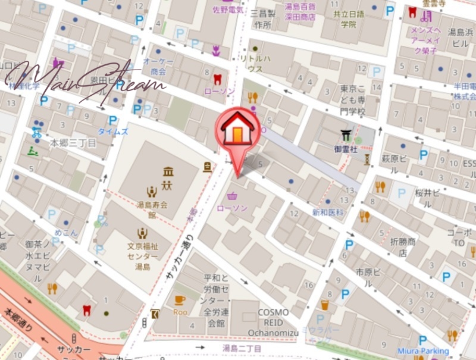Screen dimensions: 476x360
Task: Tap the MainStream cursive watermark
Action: pos(83,80)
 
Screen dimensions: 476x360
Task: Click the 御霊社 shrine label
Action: pos(345,149)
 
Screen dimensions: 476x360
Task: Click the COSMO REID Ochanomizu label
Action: pos(273,321)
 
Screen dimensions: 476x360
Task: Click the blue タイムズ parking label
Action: pos(113,132)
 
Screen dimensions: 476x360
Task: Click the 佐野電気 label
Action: pos(225,10)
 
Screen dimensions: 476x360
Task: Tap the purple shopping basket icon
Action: pos(231,195)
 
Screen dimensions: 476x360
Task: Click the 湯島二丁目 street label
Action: pos(242,348)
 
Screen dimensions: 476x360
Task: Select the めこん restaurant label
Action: pos(65,233)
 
